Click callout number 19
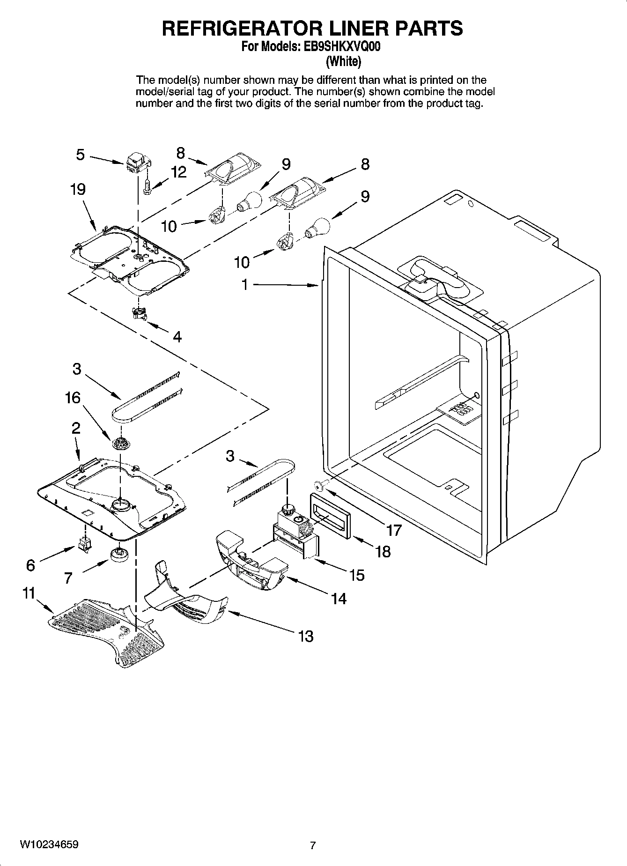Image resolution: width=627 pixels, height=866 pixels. (78, 190)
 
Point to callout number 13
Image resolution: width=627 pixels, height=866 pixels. (305, 636)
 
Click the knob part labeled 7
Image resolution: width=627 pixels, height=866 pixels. (120, 554)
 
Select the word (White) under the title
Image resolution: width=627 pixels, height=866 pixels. (343, 61)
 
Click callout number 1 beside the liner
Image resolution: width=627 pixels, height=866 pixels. (244, 284)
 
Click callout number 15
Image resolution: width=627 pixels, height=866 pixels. (357, 575)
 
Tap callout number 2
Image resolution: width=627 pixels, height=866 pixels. (75, 428)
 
